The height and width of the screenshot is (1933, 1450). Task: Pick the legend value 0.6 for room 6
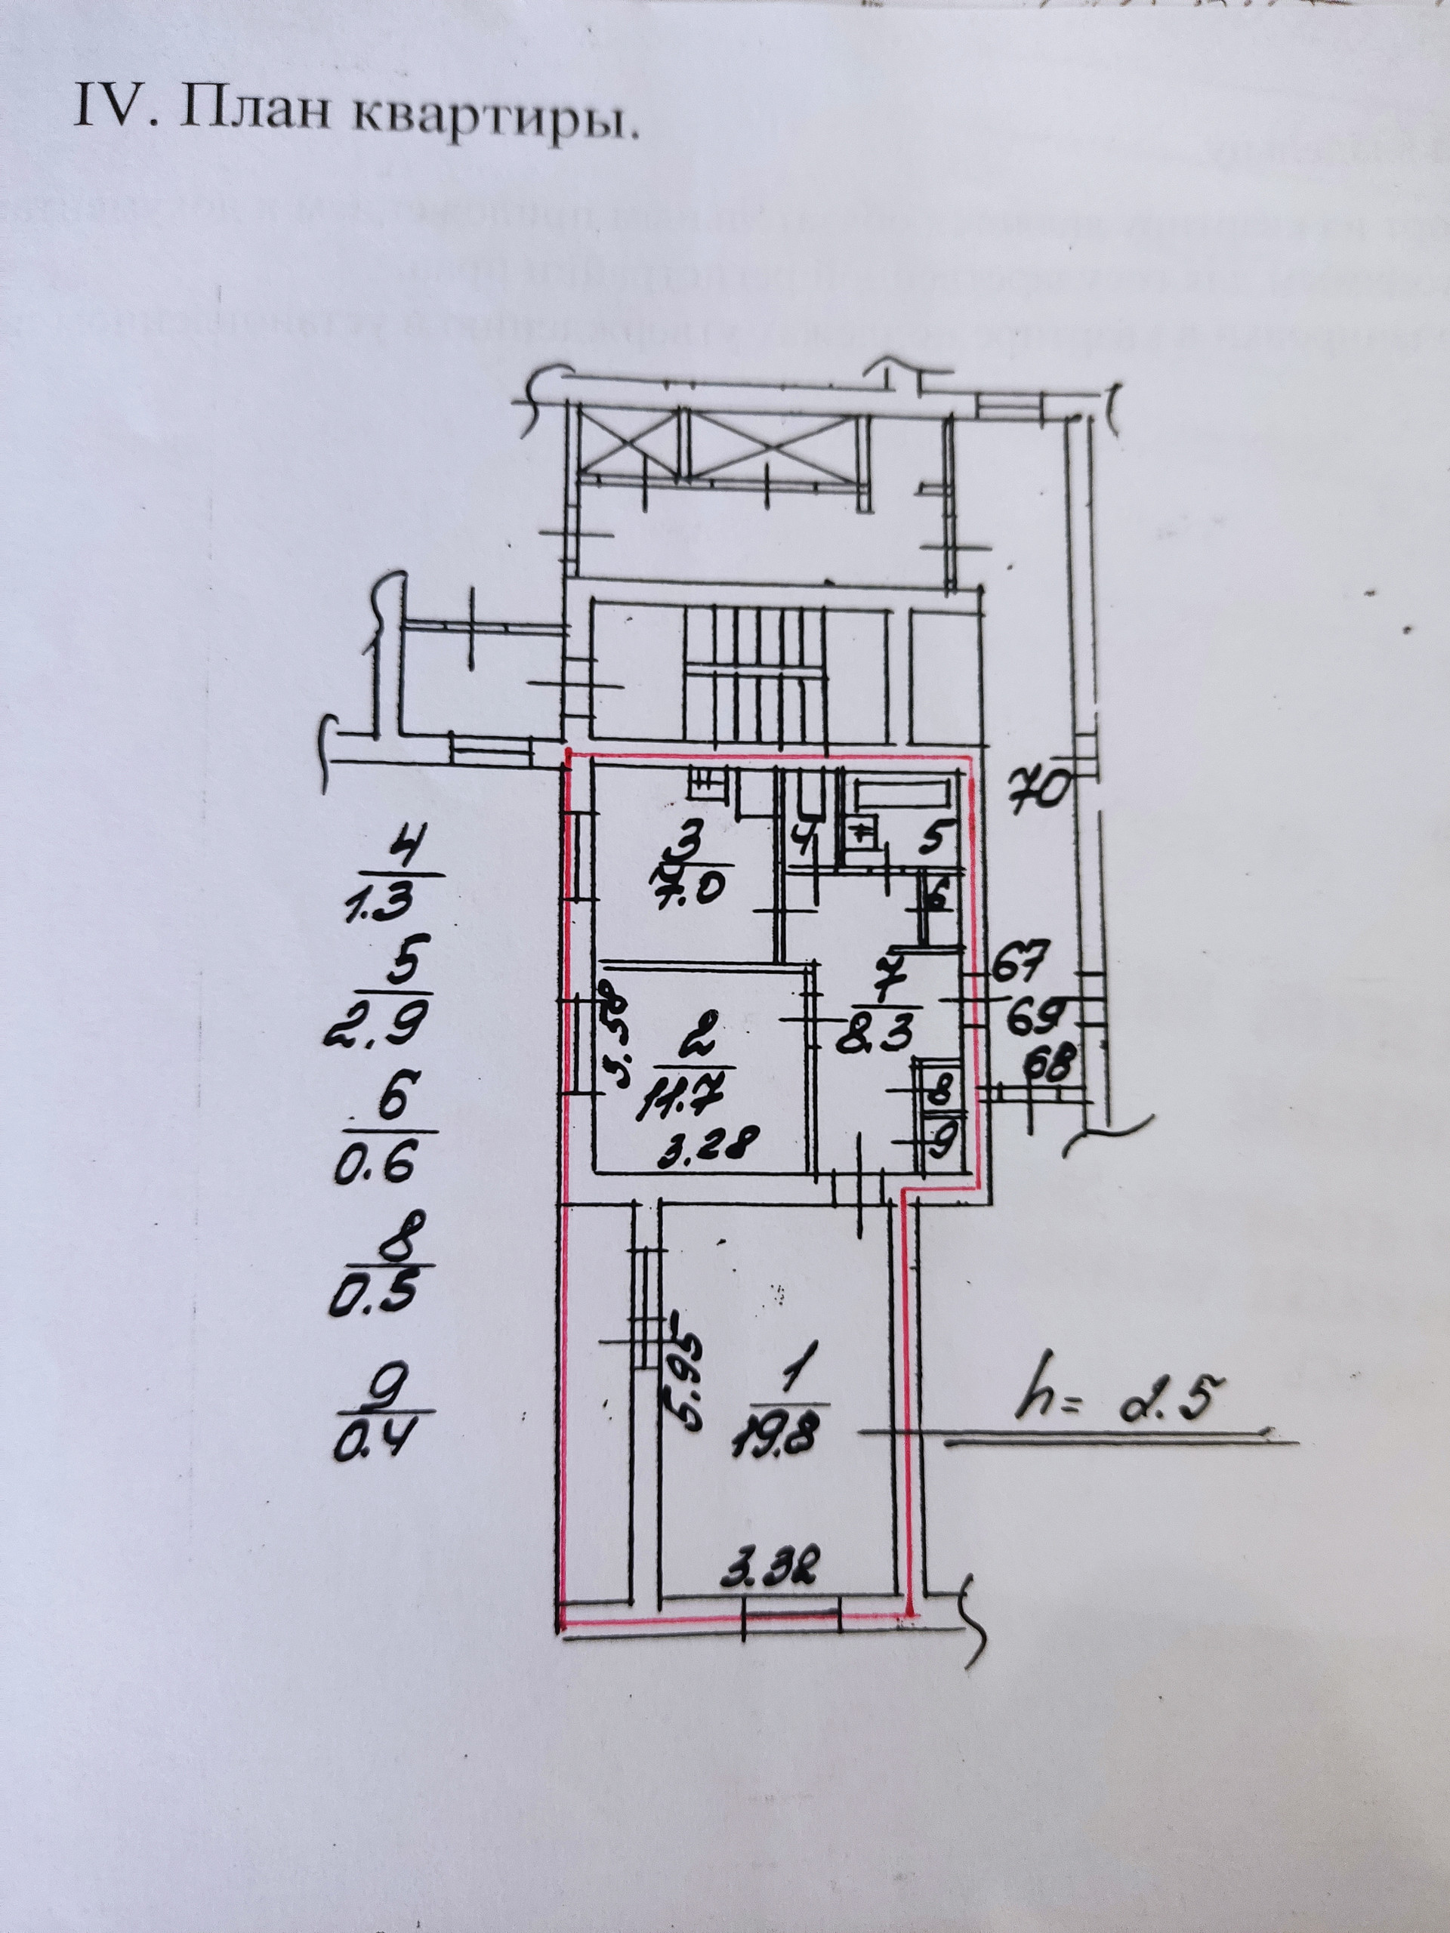(372, 1165)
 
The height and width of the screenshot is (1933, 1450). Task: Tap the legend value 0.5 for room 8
(371, 1296)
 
